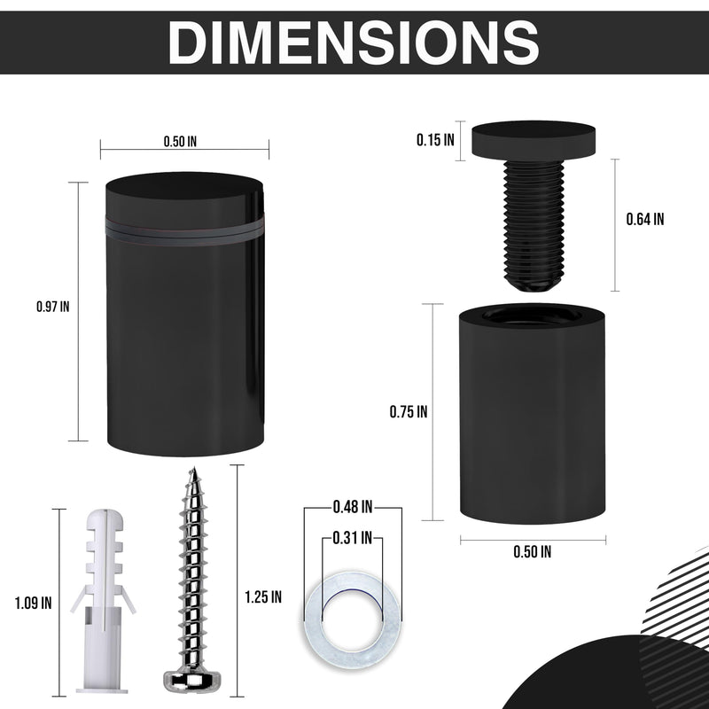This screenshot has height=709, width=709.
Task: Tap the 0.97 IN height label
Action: tap(52, 307)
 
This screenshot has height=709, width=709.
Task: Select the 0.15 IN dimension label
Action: tap(435, 139)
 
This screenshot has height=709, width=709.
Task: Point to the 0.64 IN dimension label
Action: tap(644, 220)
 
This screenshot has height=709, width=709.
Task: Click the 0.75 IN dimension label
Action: tap(409, 411)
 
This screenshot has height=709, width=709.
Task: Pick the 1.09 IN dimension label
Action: tap(34, 604)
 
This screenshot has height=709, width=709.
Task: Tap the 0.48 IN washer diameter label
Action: tap(352, 508)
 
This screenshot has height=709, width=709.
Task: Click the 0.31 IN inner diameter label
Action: tap(352, 536)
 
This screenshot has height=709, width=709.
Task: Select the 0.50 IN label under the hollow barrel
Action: tap(533, 551)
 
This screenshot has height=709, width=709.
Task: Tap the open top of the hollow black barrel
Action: tap(531, 316)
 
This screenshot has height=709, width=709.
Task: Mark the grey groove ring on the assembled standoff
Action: tap(184, 228)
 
